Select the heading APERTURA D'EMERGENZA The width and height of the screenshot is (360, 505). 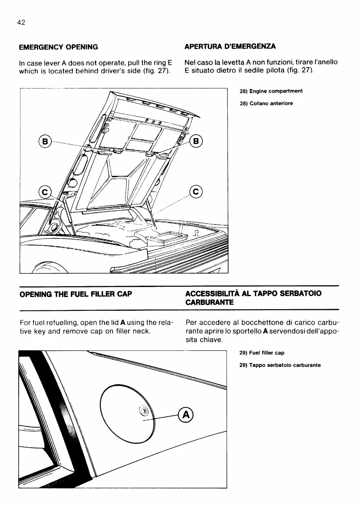(230, 46)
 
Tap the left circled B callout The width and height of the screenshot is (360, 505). (44, 141)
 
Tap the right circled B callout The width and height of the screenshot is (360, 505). (196, 141)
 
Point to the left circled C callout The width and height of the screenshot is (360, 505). (45, 191)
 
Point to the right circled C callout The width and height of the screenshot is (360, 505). (196, 191)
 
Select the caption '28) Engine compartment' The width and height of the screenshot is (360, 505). (271, 91)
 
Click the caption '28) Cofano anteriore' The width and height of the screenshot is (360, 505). (266, 103)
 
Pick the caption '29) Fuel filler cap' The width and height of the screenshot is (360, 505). (262, 353)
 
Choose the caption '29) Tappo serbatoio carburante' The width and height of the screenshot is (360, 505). (280, 365)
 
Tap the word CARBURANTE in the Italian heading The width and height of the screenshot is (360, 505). (210, 302)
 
